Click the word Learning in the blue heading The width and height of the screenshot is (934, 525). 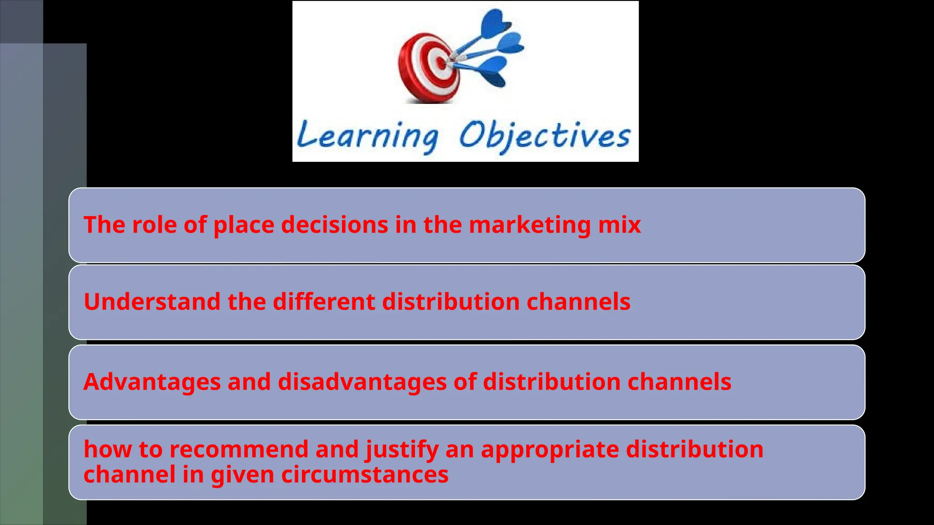[368, 136]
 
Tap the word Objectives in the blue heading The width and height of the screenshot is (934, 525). [545, 135]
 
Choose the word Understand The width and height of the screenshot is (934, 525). [152, 302]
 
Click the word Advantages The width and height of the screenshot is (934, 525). [152, 382]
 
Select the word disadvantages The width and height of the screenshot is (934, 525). [362, 382]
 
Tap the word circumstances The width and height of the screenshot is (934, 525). [364, 475]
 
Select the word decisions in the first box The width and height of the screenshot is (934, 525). [334, 225]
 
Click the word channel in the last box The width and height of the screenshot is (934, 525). [130, 475]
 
